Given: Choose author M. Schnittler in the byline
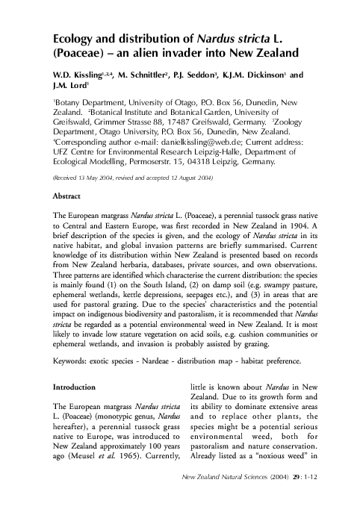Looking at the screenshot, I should (x=150, y=75).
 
